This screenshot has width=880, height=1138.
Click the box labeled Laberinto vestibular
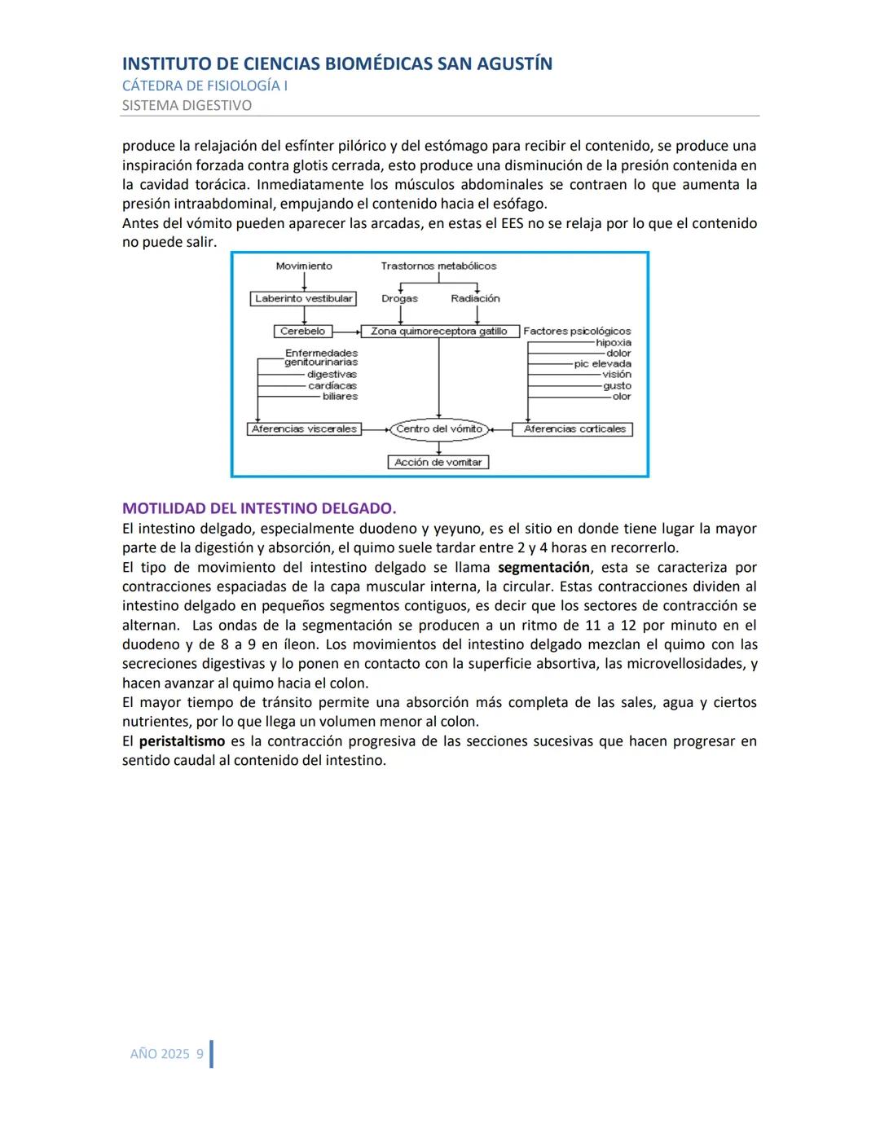pos(303,299)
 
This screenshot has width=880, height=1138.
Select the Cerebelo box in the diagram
pos(302,332)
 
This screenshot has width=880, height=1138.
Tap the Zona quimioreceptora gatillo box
pos(439,332)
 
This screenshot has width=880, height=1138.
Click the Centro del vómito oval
pos(439,429)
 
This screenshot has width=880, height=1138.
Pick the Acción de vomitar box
pos(438,463)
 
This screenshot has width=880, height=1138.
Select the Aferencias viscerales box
pos(305,429)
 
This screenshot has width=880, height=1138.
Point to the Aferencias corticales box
pos(574,429)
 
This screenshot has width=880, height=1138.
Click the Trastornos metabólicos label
pos(438,266)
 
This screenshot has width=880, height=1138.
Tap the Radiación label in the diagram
pos(475,299)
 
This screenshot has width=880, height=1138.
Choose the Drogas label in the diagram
pos(399,299)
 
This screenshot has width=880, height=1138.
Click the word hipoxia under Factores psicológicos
pos(613,343)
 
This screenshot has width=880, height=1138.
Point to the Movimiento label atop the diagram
pos(304,266)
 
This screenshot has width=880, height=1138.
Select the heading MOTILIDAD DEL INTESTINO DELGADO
pos(259,508)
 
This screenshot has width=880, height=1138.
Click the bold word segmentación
pos(543,568)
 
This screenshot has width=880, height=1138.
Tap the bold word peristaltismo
pos(182,741)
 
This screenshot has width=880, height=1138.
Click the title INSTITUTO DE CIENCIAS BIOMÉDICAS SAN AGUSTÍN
pos(337,64)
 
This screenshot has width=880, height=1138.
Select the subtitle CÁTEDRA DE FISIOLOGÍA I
pos(205,86)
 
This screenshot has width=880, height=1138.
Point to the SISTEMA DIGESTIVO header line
pos(187,105)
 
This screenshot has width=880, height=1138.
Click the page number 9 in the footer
pos(200,1054)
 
